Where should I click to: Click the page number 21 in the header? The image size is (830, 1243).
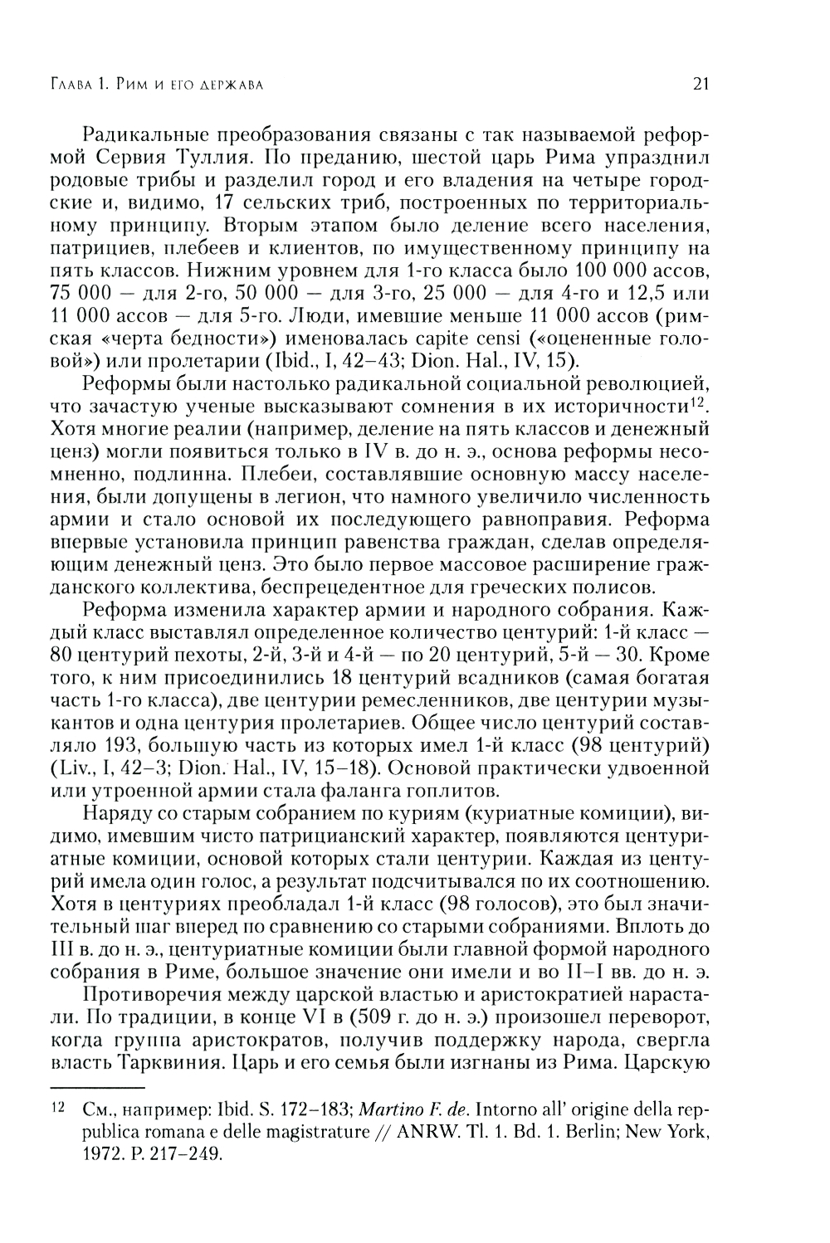coord(698,84)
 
